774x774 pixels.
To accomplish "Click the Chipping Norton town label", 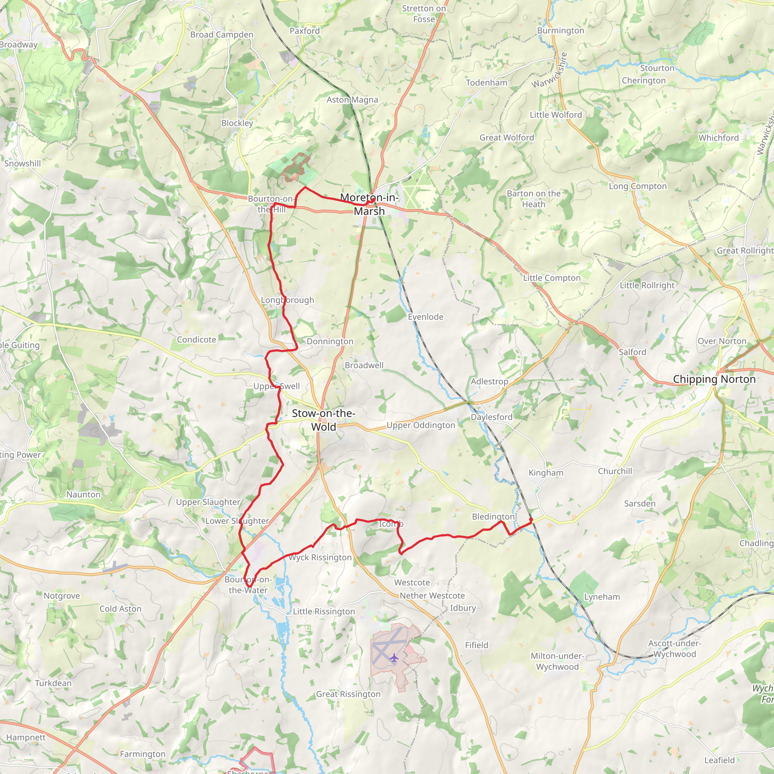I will pos(714,379).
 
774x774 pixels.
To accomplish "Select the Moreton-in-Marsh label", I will pos(369,204).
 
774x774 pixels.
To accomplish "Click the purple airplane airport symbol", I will pos(394,658).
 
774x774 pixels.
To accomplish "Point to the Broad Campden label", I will pos(221,35).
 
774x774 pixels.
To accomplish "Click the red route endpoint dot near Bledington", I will pos(531,520).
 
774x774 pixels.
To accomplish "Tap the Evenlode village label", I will pos(426,317).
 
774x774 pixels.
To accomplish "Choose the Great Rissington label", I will pos(348,694).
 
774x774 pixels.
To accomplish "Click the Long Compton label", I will pos(638,186).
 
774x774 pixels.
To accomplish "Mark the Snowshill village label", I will pos(22,163).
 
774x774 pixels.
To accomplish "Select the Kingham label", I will pos(546,473).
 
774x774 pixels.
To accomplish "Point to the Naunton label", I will pos(83,494).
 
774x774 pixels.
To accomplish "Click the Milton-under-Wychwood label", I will pos(558,661).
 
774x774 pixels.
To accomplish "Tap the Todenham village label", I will pos(486,82).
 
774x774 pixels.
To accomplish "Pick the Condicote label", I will pos(196,340).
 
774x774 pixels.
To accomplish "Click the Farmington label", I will pos(142,754).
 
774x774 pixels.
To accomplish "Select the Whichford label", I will pos(718,138).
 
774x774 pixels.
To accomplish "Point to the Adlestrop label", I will pos(489,381).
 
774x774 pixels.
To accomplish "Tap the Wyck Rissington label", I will pos(320,557).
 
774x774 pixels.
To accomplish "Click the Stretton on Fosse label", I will pos(424,14).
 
